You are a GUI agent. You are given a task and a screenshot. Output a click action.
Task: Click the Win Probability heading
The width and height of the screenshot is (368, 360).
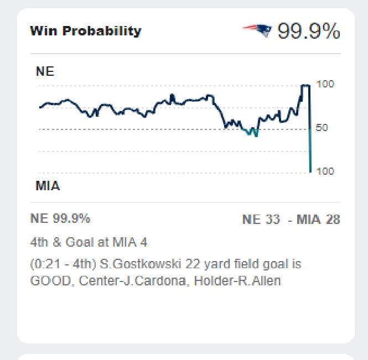click(x=86, y=31)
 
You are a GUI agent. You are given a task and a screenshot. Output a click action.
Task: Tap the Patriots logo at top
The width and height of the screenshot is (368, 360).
click(x=257, y=30)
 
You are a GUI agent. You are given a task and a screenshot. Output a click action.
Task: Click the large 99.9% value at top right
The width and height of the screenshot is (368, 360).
click(x=308, y=32)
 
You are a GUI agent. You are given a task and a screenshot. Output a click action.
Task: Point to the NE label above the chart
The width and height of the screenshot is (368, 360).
click(x=45, y=72)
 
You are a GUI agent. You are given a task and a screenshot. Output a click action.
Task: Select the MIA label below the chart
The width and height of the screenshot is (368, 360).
click(x=48, y=186)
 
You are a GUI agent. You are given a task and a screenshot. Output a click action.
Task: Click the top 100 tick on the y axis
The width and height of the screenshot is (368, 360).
click(x=325, y=84)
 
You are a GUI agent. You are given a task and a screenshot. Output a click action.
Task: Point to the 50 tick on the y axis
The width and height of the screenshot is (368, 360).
click(x=323, y=128)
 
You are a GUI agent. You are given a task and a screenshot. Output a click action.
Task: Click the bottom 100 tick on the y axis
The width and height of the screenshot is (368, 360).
click(x=325, y=171)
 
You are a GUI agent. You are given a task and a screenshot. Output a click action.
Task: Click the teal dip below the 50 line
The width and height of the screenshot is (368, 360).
click(x=252, y=132)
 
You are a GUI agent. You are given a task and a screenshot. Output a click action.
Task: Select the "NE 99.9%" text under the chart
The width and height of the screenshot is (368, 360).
click(x=60, y=218)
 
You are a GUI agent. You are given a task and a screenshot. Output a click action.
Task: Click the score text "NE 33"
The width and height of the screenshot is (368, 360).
click(x=261, y=220)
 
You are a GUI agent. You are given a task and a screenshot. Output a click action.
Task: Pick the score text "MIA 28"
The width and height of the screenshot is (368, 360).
click(x=318, y=220)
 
